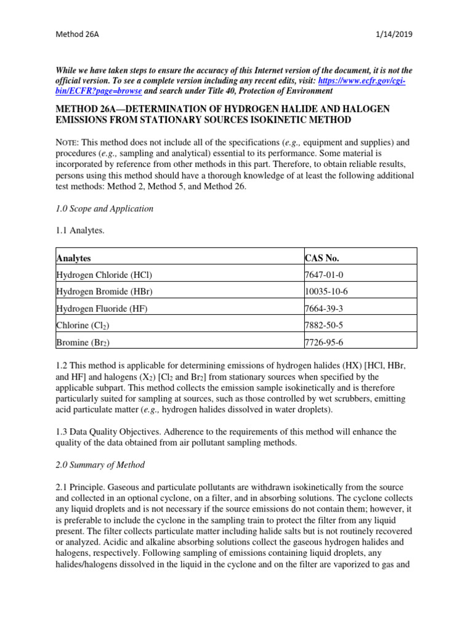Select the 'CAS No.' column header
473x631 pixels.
pyautogui.click(x=322, y=258)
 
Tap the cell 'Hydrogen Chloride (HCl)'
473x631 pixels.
pyautogui.click(x=104, y=275)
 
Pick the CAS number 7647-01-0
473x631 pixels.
pyautogui.click(x=327, y=275)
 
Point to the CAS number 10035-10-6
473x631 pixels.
pyautogui.click(x=329, y=291)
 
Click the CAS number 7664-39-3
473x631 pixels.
pyautogui.click(x=327, y=308)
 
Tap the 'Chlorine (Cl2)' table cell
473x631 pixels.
pyautogui.click(x=83, y=325)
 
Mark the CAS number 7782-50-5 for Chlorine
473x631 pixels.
pyautogui.click(x=327, y=325)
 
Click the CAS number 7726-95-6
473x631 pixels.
pyautogui.click(x=327, y=342)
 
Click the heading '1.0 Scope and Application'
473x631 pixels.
pyautogui.click(x=105, y=209)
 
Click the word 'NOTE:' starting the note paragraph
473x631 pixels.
pyautogui.click(x=68, y=142)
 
